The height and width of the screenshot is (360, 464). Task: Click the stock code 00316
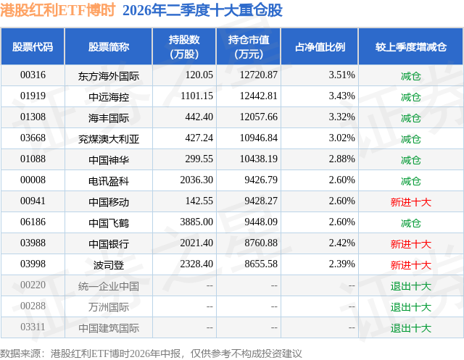pos(33,75)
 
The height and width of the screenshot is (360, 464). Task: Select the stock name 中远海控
pos(109,96)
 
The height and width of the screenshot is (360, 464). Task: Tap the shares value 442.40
pos(199,117)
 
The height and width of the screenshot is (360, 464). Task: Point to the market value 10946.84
pos(259,138)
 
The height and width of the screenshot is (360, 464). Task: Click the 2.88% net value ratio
pos(341,159)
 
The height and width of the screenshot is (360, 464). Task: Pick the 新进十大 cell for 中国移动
pos(411,202)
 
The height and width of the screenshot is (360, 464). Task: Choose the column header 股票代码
pos(33,46)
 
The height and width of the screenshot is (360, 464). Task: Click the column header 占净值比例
pos(320,46)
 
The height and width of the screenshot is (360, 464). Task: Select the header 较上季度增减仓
pos(411,46)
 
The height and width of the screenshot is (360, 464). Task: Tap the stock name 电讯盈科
pos(109,181)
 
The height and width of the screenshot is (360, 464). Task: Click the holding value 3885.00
pos(196,222)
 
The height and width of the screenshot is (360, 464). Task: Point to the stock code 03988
pos(33,243)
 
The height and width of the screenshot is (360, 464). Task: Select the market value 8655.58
pos(261,264)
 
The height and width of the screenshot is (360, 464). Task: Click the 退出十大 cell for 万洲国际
pos(411,307)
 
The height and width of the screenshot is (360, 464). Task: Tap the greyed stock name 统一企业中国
pos(109,286)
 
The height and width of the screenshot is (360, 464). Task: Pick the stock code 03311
pos(33,327)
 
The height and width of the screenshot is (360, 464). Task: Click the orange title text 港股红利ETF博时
pos(57,10)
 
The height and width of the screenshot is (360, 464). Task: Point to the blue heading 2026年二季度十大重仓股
pos(203,10)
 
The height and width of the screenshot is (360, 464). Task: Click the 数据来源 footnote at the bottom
pos(151,353)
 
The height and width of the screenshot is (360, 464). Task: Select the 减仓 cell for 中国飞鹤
pos(411,223)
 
